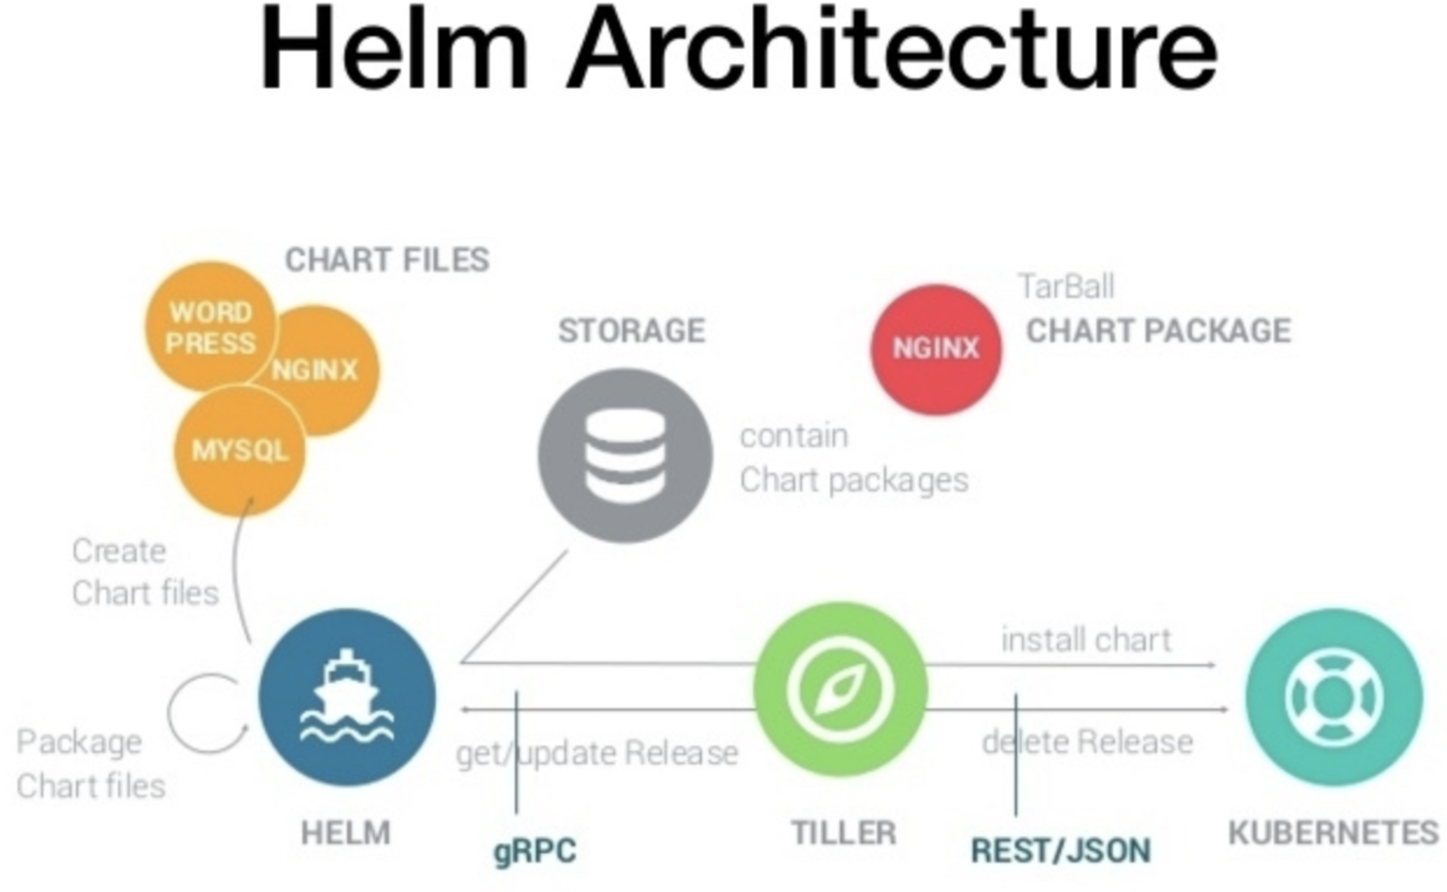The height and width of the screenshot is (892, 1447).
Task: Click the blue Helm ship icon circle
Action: tap(347, 697)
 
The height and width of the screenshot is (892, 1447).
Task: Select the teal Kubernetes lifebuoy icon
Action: tap(1334, 696)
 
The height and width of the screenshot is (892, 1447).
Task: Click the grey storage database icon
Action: tap(625, 456)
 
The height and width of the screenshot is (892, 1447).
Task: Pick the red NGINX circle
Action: tap(936, 349)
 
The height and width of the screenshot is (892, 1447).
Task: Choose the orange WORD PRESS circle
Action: tap(210, 326)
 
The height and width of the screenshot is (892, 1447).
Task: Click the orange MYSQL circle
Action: tap(240, 451)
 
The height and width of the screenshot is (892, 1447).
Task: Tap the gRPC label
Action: tap(535, 851)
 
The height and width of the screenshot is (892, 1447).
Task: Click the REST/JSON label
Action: tap(1061, 851)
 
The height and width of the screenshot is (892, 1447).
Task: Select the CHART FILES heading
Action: tap(387, 260)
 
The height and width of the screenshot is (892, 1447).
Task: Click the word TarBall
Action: tap(1066, 286)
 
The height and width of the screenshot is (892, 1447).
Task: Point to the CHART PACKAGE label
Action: tap(1158, 331)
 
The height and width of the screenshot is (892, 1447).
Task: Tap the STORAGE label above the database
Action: tap(632, 331)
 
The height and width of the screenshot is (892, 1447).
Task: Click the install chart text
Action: tap(1086, 640)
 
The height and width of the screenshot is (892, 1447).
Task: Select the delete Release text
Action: tap(1087, 742)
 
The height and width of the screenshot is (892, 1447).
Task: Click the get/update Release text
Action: tap(597, 753)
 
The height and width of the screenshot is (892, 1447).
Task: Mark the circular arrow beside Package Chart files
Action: tap(208, 714)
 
